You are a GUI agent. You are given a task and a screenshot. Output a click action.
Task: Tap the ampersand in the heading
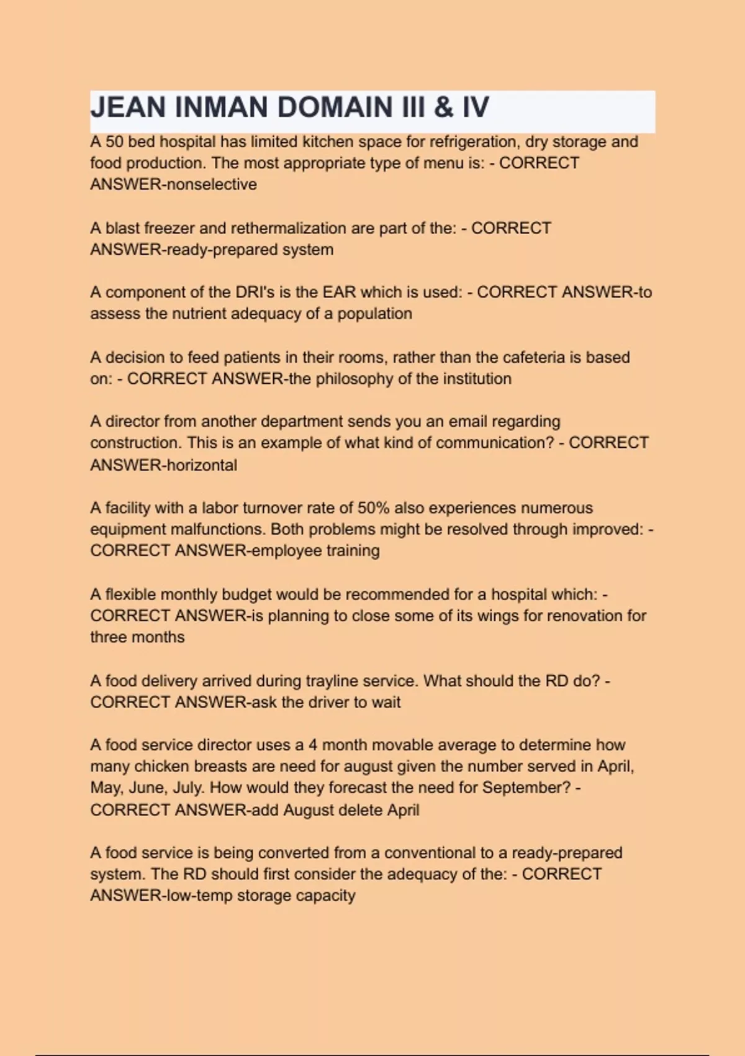443,107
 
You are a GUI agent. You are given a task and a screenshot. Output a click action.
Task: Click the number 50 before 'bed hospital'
114,142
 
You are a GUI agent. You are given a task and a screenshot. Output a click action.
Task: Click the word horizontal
202,465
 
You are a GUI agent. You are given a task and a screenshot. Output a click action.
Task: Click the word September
526,788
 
